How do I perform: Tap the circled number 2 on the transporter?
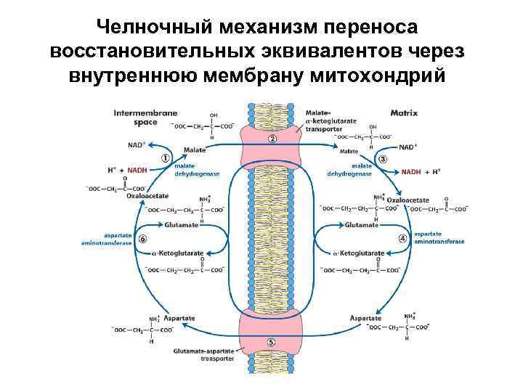272,139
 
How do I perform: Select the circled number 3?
382,158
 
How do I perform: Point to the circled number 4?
402,238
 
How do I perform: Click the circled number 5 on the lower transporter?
271,342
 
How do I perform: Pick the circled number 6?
142,238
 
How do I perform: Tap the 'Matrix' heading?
404,113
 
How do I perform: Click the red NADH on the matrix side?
411,172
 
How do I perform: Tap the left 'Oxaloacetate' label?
146,195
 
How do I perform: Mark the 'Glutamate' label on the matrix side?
362,225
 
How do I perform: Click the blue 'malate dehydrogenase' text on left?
190,170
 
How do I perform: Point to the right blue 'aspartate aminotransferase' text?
433,238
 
